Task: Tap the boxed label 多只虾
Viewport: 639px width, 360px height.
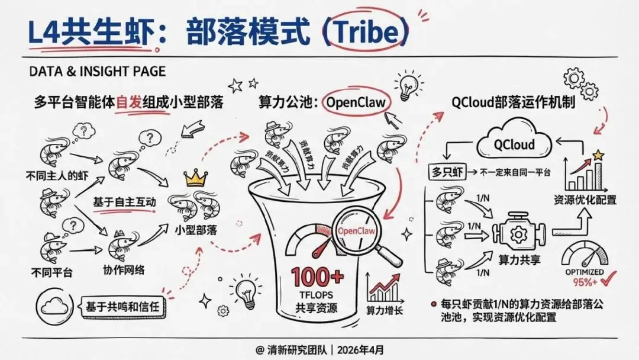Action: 446,172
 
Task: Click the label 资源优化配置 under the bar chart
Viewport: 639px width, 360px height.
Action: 585,200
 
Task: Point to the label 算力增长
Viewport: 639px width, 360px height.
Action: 384,309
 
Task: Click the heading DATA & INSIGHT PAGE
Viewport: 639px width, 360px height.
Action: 97,72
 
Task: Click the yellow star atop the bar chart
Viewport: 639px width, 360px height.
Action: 598,156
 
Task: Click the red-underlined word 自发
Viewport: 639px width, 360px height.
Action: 129,102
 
